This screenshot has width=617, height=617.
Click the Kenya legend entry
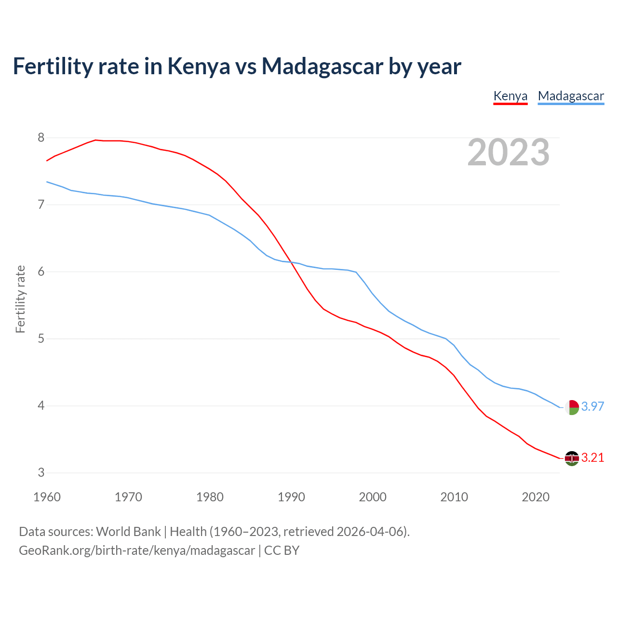510,96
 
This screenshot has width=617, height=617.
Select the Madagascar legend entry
571,96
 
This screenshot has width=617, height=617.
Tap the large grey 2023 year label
509,152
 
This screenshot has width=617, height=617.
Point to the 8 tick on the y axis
41,138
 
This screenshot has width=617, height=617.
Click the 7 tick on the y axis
41,205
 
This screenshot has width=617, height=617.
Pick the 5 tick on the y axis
41,339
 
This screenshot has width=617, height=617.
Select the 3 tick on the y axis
41,473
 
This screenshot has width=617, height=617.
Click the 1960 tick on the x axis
47,497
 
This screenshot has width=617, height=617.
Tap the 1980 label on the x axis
210,497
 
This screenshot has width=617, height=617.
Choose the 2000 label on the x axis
373,497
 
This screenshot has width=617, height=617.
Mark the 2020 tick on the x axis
536,497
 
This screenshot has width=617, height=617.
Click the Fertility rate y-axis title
20,299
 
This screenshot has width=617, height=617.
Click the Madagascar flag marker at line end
572,407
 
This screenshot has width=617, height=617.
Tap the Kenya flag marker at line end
572,458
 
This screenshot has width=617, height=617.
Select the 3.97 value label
592,406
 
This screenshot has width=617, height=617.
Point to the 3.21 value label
592,457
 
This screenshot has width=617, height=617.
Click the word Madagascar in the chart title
322,66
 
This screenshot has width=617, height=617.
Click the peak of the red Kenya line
95,140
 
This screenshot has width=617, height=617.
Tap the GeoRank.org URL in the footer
137,550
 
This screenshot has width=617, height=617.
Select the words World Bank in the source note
128,532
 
